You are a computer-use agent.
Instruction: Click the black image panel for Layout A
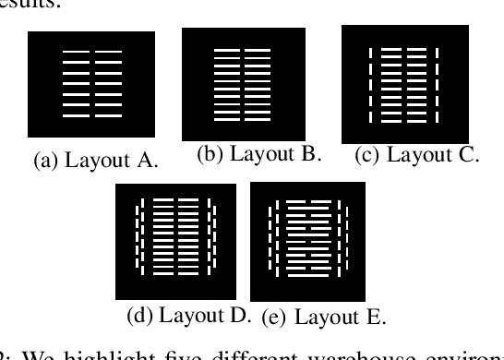tap(90, 86)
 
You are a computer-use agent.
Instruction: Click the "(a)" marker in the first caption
tap(45, 162)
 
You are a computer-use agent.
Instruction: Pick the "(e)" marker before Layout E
tap(274, 318)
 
